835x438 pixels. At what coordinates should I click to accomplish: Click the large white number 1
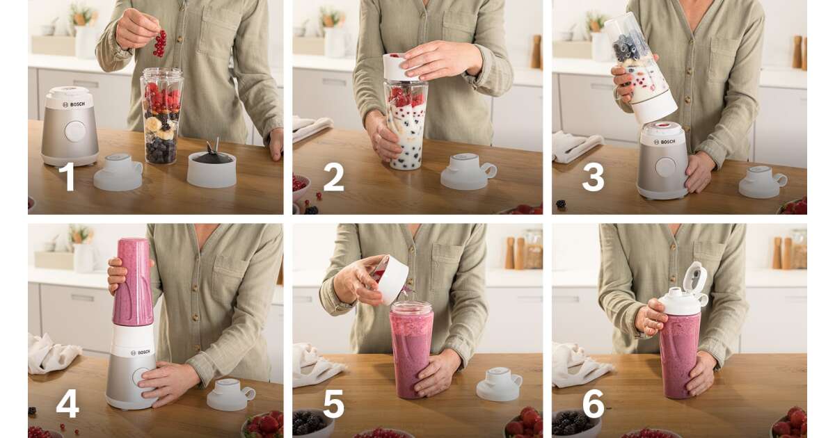pyautogui.click(x=68, y=177)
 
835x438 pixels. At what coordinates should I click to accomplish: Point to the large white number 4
pyautogui.click(x=67, y=403)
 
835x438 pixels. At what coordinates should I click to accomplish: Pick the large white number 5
pyautogui.click(x=333, y=404)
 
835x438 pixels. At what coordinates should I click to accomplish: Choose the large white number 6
pyautogui.click(x=593, y=404)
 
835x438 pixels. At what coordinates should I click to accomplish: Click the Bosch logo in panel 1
pyautogui.click(x=74, y=105)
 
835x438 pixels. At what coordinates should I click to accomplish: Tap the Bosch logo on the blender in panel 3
pyautogui.click(x=665, y=142)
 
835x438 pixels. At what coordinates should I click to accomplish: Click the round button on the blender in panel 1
pyautogui.click(x=75, y=131)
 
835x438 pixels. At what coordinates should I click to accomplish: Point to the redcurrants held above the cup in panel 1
pyautogui.click(x=160, y=44)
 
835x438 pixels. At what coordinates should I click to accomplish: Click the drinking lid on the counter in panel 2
pyautogui.click(x=468, y=171)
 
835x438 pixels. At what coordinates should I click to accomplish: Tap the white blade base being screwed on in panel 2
pyautogui.click(x=401, y=67)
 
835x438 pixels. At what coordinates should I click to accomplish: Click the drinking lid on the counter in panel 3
pyautogui.click(x=763, y=181)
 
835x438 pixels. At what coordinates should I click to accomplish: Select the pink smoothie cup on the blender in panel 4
pyautogui.click(x=133, y=282)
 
